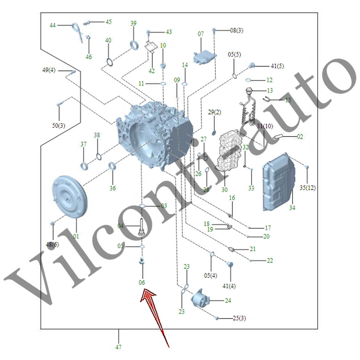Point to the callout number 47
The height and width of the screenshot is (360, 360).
tap(118, 347)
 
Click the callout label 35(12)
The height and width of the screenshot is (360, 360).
tap(307, 188)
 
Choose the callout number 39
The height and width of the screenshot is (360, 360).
tap(133, 23)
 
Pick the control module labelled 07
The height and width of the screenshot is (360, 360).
tap(203, 58)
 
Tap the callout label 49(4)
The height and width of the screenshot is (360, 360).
tap(49, 70)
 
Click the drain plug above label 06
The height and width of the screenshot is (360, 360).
tap(142, 262)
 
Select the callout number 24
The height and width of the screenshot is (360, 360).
tap(228, 301)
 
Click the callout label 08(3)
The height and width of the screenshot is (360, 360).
tap(237, 30)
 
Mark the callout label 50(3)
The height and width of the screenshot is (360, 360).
tap(58, 126)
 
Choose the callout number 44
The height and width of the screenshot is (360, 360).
tap(53, 25)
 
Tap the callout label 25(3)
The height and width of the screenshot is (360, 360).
tap(239, 318)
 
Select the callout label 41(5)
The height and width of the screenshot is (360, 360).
tap(277, 66)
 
